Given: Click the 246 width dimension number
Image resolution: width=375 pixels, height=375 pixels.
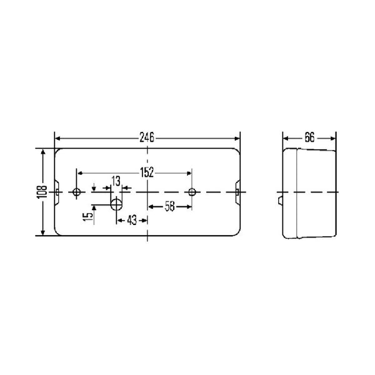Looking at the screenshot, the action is (147, 138).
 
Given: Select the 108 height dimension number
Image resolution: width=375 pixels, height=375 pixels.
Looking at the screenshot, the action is (42, 192).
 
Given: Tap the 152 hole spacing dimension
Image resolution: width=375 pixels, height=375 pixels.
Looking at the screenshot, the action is (147, 172).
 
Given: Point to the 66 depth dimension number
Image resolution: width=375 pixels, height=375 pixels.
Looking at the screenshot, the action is (309, 138).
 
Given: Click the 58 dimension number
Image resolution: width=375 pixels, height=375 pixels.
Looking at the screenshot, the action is (170, 206).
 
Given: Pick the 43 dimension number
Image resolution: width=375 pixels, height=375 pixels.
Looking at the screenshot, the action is (132, 220).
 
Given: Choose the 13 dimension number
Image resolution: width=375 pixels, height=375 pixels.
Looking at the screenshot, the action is (116, 181).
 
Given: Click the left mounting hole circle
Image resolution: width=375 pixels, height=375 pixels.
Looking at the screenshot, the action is (76, 192).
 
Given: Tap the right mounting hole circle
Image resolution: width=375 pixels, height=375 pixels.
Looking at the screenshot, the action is (192, 192).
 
